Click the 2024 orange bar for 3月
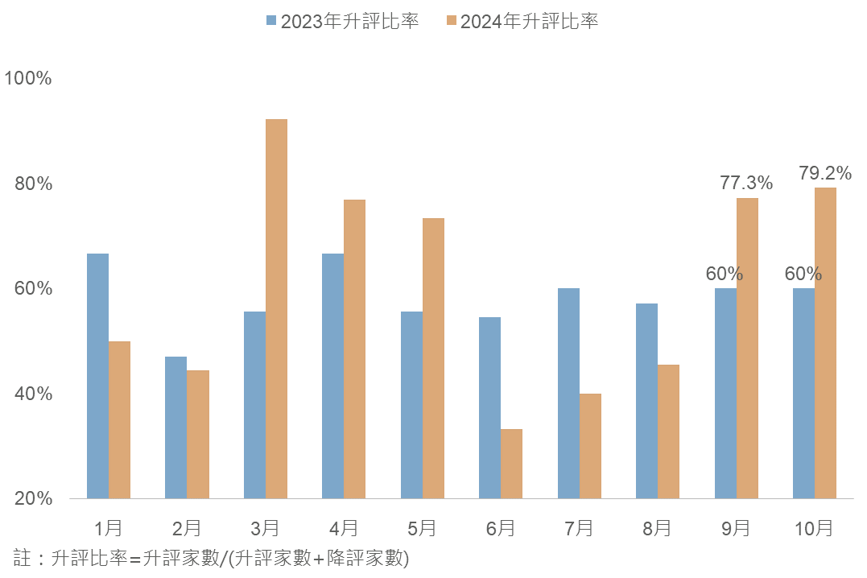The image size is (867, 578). pos(276,309)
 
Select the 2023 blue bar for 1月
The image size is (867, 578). pos(97,376)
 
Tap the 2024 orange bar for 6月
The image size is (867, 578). pos(511,464)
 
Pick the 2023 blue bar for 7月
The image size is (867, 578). pos(568,394)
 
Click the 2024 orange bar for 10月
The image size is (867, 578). pos(825,343)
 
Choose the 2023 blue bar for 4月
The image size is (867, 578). pos(332,376)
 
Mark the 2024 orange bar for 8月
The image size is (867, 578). pos(668,431)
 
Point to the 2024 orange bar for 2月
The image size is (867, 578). pos(198,435)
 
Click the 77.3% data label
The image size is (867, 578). pos(746,184)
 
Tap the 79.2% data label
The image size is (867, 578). pos(825,173)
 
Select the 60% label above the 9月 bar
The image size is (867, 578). pos(725,274)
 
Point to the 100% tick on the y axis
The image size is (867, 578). pos(28,79)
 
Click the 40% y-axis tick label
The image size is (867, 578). pos(33,394)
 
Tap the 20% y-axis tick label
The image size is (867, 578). pos(33,499)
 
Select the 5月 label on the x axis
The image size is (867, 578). pos(422,528)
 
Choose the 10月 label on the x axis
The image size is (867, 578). pos(814,528)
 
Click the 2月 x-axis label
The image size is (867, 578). pos(187,528)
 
